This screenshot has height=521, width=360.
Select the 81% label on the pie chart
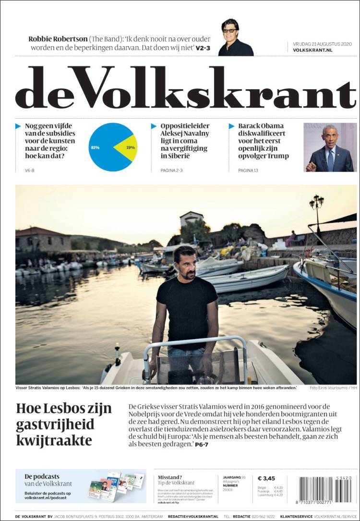[95, 147]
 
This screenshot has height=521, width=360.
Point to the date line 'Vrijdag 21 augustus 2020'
[322, 44]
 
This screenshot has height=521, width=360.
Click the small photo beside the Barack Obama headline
[330, 147]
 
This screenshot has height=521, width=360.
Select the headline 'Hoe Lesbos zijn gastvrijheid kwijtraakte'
[64, 424]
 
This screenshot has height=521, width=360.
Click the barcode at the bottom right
[325, 490]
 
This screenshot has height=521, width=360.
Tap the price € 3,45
[266, 478]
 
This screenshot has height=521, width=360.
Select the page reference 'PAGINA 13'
[248, 170]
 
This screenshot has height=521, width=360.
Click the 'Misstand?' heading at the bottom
[170, 477]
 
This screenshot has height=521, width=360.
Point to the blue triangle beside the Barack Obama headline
[231, 126]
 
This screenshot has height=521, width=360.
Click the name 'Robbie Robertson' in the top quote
[58, 39]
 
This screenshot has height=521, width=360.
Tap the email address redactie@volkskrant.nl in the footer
[193, 516]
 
